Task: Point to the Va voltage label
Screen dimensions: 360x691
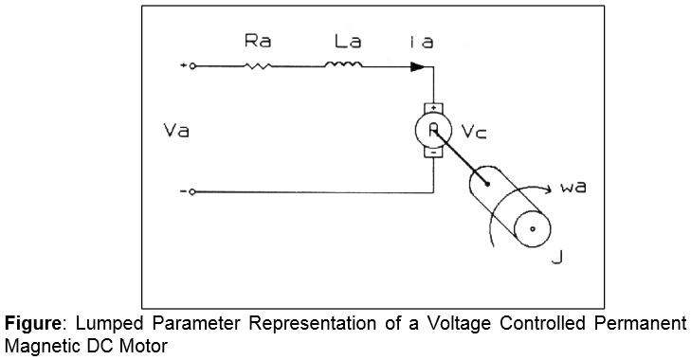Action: pyautogui.click(x=176, y=131)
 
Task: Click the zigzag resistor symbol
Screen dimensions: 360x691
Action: pyautogui.click(x=258, y=66)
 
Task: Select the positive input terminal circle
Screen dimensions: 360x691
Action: pyautogui.click(x=192, y=66)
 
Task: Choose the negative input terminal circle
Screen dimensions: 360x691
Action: pyautogui.click(x=192, y=191)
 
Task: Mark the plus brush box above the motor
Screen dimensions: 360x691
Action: pyautogui.click(x=432, y=108)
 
